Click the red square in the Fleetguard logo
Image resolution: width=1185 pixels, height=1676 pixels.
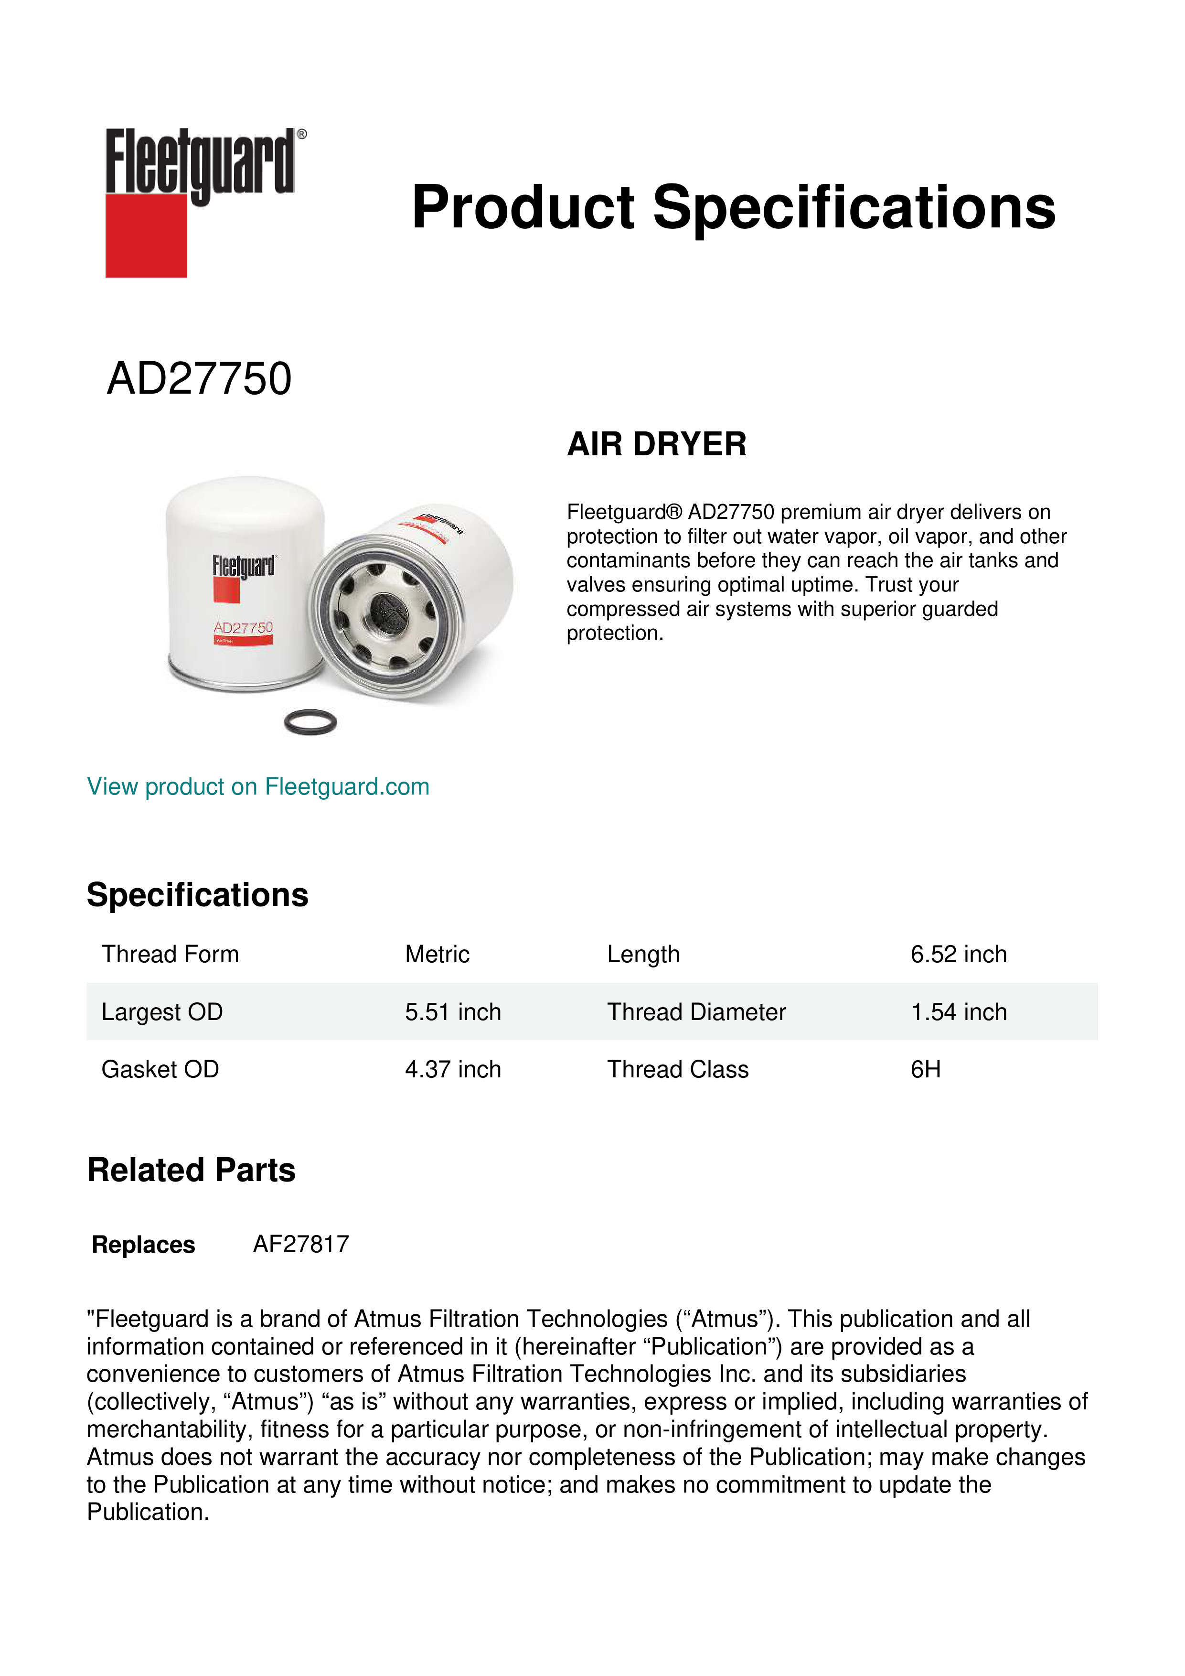(146, 235)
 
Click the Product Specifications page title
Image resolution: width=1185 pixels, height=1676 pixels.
(733, 207)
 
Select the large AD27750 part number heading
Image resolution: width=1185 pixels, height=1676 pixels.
(199, 379)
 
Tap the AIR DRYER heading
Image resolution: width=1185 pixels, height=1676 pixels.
(657, 444)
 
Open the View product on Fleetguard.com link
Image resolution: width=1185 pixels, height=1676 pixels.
(257, 787)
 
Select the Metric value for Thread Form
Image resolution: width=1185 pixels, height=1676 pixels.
(437, 954)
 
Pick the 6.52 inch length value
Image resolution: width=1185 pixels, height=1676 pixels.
(958, 954)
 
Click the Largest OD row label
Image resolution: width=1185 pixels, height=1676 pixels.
(162, 1012)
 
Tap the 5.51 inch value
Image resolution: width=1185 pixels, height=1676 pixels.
(452, 1012)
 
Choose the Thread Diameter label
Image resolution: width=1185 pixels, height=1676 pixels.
(696, 1012)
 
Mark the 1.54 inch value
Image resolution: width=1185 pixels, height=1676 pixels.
(958, 1012)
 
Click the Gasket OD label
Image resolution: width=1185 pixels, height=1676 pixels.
(160, 1069)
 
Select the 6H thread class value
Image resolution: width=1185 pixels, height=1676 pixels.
(925, 1069)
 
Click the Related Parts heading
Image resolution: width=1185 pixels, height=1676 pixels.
(191, 1170)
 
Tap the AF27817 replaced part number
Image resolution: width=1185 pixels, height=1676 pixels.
(300, 1244)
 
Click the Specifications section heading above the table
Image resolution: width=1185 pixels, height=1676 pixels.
(197, 895)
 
